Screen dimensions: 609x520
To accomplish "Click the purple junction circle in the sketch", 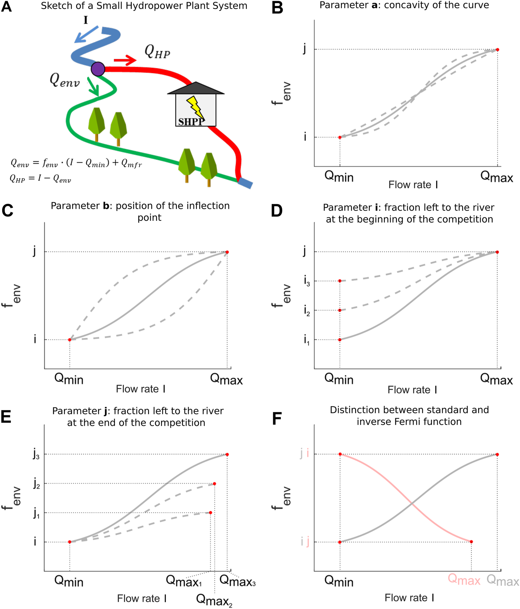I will tap(98, 69).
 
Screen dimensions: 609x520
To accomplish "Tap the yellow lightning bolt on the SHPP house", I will tap(195, 107).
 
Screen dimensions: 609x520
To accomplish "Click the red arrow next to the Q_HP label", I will tap(125, 60).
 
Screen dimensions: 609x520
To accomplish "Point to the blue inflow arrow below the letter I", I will tap(86, 34).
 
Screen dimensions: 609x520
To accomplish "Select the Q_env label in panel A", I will tap(64, 80).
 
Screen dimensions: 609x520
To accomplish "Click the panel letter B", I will tap(278, 8).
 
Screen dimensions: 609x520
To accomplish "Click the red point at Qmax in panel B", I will tap(497, 50).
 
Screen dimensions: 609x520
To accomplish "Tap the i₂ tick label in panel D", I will tap(307, 311).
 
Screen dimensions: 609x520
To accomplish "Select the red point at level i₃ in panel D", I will tap(340, 281).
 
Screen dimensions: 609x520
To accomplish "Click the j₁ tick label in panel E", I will tap(36, 513).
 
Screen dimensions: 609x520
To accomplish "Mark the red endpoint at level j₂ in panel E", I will tap(214, 484).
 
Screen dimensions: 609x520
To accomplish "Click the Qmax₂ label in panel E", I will tap(214, 600).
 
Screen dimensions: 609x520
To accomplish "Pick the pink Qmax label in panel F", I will tap(464, 580).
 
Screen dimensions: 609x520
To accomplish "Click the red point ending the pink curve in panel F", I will tap(471, 541).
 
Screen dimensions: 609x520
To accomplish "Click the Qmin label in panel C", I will tap(69, 379).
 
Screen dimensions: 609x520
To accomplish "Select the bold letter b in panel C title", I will tap(106, 206).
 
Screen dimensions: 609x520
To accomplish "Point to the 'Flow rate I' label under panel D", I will tap(412, 390).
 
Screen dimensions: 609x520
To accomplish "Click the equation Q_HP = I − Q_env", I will tap(40, 178).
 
